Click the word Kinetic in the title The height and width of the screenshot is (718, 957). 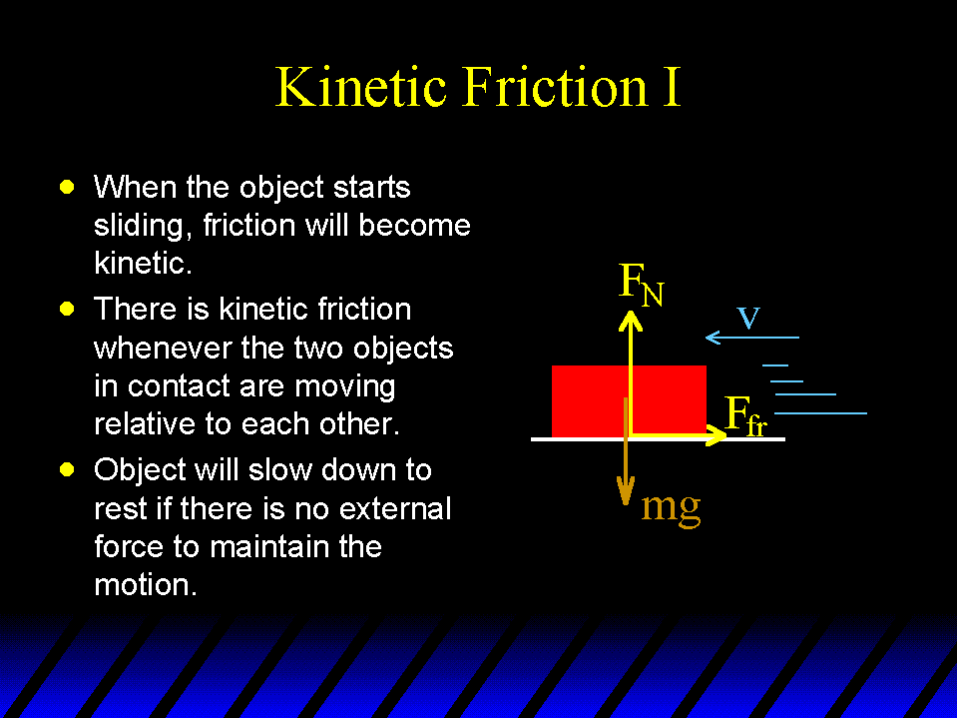[360, 86]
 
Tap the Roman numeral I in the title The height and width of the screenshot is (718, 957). [671, 87]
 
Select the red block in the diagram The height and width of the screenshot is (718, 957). [629, 401]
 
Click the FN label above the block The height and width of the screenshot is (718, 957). [641, 284]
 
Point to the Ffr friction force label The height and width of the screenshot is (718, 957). [745, 415]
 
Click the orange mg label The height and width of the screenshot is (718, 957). [671, 506]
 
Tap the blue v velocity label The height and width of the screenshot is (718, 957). [748, 318]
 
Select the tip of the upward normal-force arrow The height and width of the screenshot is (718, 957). [631, 312]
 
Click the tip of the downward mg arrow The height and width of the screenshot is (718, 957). [625, 505]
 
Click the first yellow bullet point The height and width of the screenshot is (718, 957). [67, 187]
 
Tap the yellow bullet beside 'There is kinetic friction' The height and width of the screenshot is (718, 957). [67, 309]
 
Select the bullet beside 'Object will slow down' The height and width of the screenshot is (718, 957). [67, 469]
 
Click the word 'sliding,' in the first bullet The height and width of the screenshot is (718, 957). [139, 227]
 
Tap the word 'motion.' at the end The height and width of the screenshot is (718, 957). [146, 585]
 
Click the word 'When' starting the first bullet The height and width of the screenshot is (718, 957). [135, 187]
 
